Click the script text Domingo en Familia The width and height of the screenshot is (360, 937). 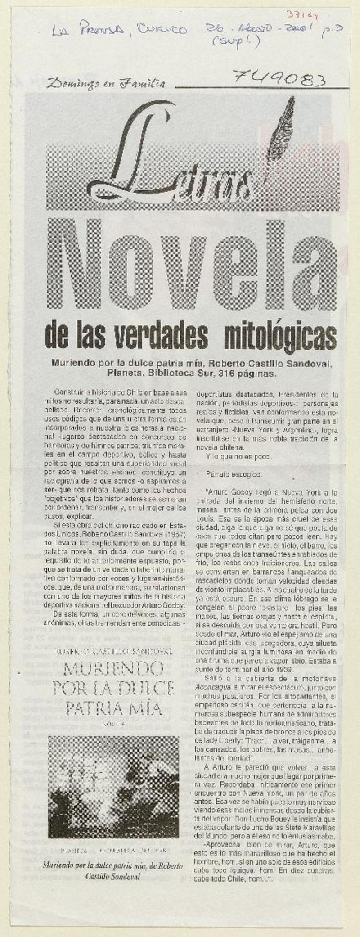click(106, 83)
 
